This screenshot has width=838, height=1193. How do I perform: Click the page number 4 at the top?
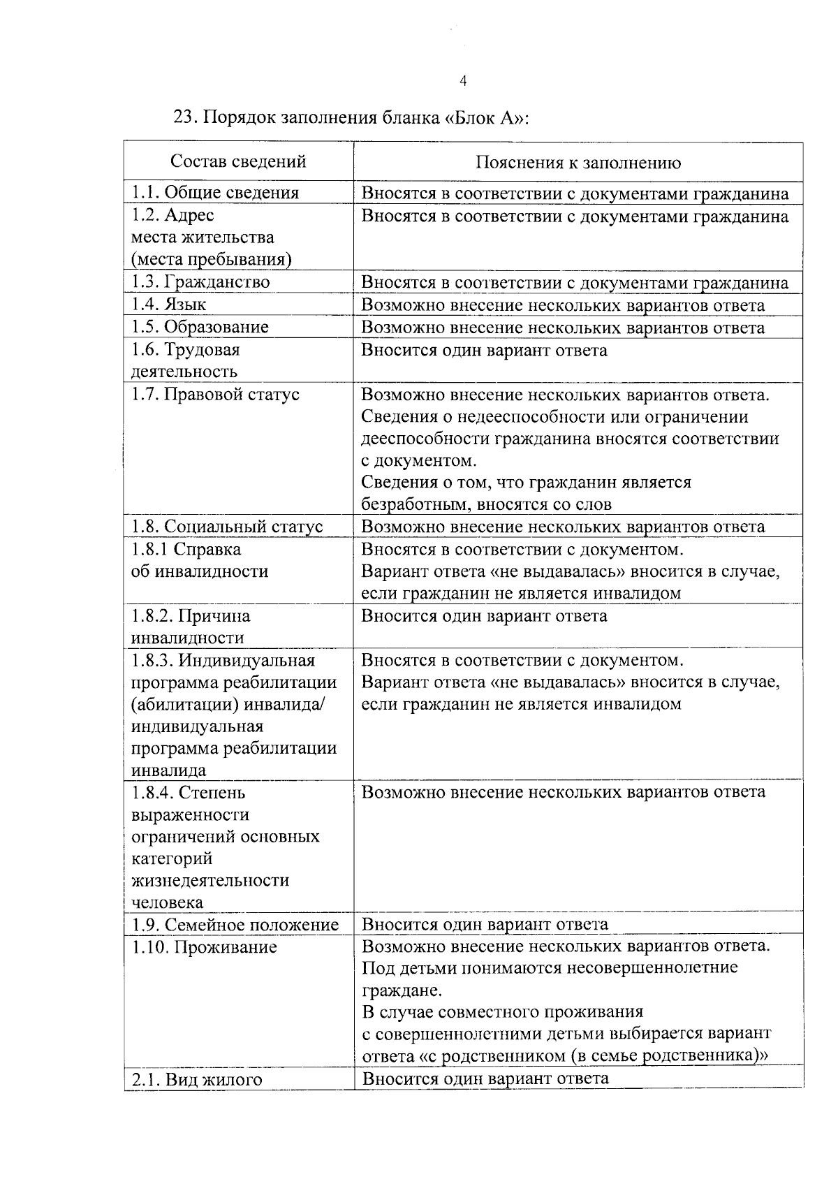(463, 82)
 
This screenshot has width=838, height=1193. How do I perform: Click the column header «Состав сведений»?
(239, 162)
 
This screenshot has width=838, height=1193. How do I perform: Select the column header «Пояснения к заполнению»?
(578, 163)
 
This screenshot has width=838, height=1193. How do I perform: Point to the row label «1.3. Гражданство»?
(200, 282)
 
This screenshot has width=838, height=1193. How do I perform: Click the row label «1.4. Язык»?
(168, 305)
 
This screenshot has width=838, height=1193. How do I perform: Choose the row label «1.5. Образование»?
(200, 328)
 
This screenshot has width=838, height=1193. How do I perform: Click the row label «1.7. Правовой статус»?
(215, 395)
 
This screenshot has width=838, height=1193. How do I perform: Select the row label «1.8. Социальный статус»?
(227, 527)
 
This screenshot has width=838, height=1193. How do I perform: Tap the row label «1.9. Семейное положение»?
(235, 925)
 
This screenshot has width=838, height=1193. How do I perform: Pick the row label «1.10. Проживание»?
(204, 948)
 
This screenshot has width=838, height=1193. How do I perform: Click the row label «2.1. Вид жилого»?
(197, 1080)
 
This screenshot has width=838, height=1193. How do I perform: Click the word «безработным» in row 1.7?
(409, 504)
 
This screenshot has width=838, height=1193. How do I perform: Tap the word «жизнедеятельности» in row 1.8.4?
(210, 881)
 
